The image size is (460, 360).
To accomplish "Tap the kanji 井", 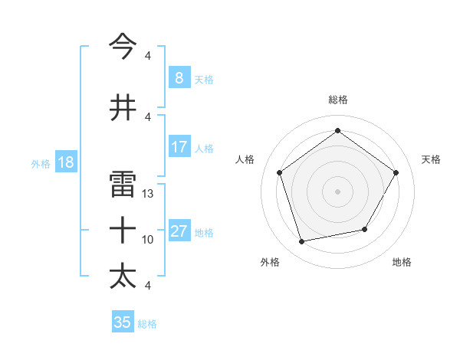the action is click(123, 107).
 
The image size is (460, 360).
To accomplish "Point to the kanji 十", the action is click(123, 229).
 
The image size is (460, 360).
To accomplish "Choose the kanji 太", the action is click(123, 275).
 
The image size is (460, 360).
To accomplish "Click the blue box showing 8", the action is click(179, 77).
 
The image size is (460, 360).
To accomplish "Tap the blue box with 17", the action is click(179, 147).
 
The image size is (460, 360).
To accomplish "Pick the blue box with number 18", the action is click(64, 162).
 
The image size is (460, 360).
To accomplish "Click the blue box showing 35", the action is click(123, 322).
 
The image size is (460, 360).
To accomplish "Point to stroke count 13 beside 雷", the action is click(149, 194).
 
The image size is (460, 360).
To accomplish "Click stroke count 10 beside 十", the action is click(149, 240).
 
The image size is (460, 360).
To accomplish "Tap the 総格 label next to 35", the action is click(148, 324).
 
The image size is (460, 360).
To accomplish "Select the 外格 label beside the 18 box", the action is click(41, 163).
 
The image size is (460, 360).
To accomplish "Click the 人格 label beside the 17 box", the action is click(204, 148).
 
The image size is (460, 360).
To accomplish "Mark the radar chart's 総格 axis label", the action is click(337, 100).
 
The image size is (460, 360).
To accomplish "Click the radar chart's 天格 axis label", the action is click(431, 159).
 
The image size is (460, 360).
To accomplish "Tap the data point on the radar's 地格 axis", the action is click(365, 229).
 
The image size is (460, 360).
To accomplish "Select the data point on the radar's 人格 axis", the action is click(280, 172).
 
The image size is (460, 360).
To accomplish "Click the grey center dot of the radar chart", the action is click(337, 191).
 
